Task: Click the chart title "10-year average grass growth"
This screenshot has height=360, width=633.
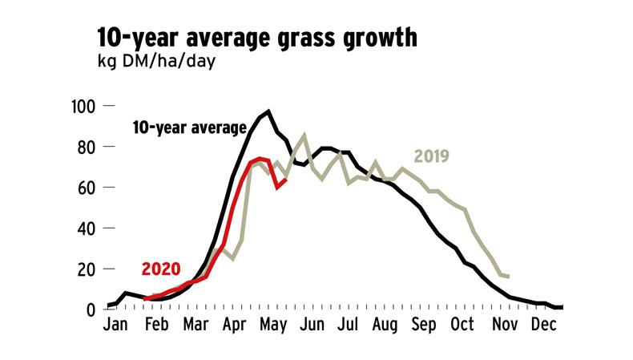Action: click(x=256, y=37)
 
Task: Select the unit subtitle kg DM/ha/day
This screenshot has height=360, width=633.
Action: click(x=152, y=62)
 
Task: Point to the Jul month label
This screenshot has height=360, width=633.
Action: click(x=348, y=326)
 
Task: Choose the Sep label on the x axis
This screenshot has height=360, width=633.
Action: click(x=425, y=326)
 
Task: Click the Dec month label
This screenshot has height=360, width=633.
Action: click(x=544, y=326)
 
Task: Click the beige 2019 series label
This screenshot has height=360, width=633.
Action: click(x=433, y=156)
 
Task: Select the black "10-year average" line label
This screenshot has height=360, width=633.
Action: click(x=189, y=127)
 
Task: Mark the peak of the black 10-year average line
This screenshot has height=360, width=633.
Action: click(x=268, y=111)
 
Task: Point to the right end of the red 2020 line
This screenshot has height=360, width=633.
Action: click(x=286, y=179)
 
